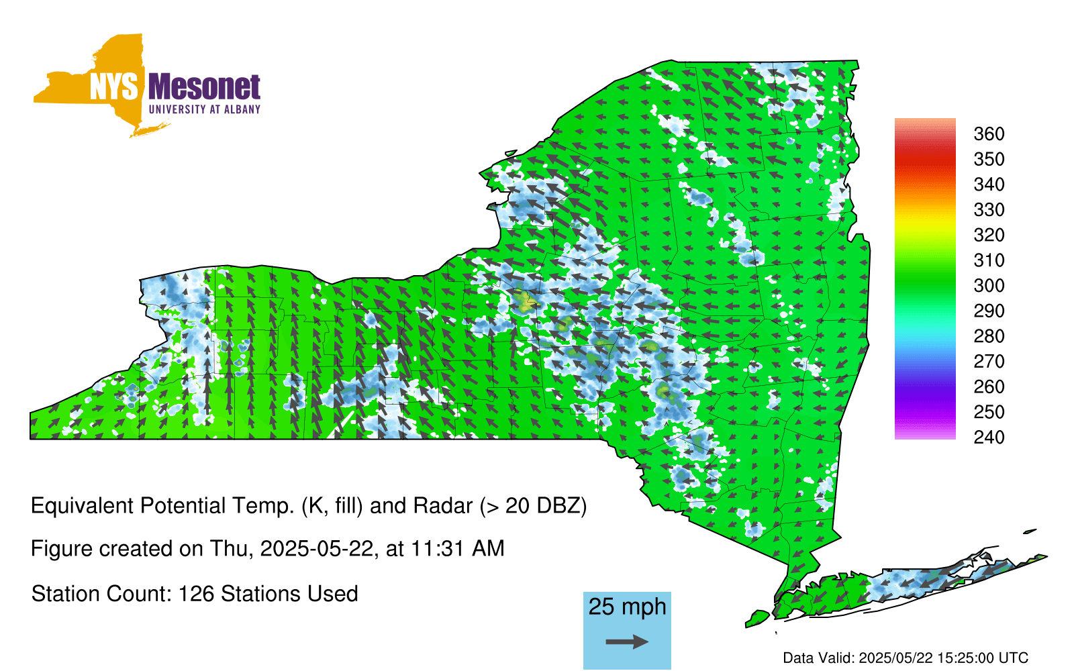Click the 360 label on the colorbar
989,134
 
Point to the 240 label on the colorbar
989,437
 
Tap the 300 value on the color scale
989,286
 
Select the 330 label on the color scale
989,210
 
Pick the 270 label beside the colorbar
989,362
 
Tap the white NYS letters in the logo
114,87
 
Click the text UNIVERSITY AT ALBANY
204,109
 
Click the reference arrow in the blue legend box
627,641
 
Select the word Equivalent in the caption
82,506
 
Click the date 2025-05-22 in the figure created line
317,549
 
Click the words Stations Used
289,595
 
